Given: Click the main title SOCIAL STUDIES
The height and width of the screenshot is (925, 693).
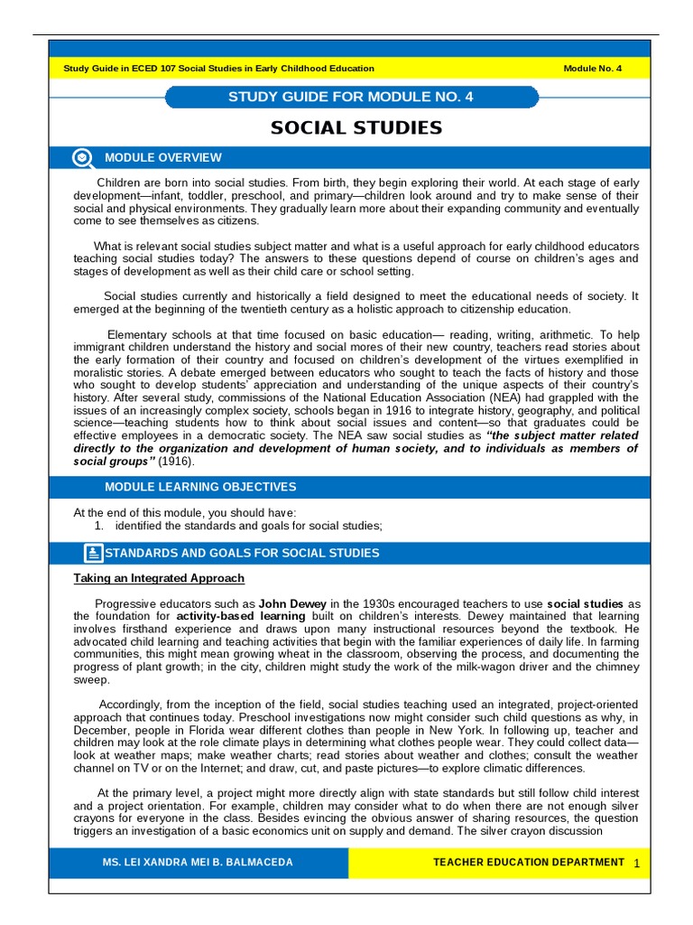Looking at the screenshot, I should coord(356,127).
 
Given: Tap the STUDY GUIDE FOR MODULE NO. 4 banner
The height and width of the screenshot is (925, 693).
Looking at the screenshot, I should coord(351,97).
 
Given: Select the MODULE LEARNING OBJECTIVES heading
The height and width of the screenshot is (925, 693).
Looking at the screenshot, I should coord(200,487).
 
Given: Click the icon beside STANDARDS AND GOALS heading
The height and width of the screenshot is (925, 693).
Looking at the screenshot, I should coord(93,553).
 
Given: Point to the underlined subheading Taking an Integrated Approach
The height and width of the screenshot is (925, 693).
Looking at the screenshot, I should coord(159,578).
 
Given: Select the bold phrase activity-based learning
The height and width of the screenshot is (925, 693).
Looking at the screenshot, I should coord(234,616).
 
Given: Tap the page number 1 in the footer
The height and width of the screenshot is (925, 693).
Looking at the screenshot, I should coord(636,864).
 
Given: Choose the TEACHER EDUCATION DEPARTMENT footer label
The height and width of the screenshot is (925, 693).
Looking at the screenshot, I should coord(529,863).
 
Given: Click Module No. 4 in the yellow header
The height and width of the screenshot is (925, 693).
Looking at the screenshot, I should coord(592,69).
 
